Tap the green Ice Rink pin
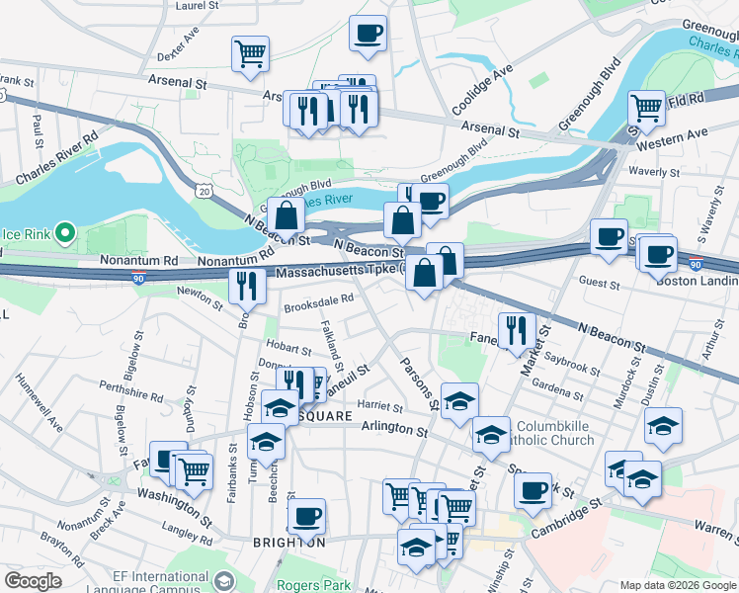pos(65,233)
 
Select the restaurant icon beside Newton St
pos(246,285)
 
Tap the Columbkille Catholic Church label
pos(564,434)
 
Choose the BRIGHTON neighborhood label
pos(288,543)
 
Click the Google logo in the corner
pos(34,581)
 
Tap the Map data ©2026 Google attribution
pos(677,585)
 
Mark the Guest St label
pos(599,285)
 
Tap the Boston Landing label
pos(697,279)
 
